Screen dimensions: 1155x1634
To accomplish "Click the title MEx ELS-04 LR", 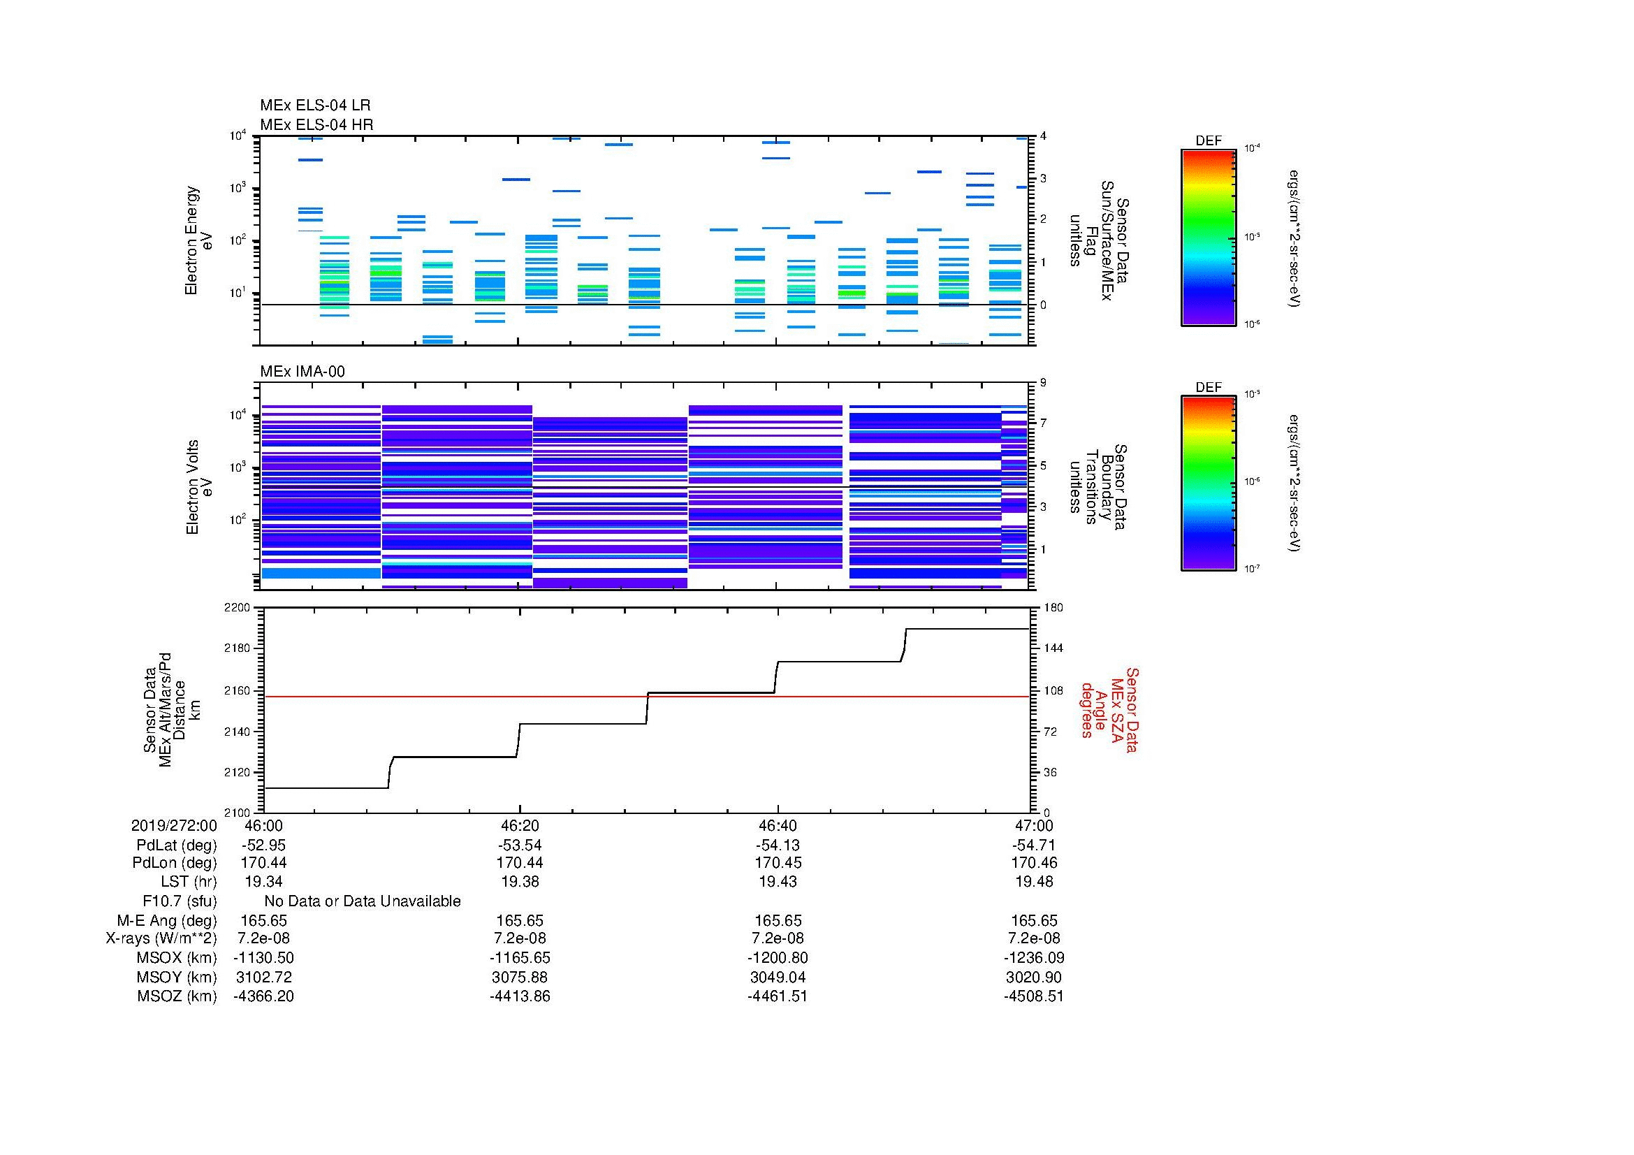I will click(314, 106).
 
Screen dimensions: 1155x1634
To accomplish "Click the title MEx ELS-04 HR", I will click(316, 124).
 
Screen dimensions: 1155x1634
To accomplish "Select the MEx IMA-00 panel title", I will click(302, 372).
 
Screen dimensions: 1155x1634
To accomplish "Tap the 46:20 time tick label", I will click(520, 825).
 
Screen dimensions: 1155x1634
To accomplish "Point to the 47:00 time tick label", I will click(1034, 825).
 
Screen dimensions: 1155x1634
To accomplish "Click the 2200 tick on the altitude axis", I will click(237, 608).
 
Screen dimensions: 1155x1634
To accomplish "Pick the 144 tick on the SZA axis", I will click(1052, 648).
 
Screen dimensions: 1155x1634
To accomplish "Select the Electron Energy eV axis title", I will click(199, 240).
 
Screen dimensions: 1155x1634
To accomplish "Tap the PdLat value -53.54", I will click(520, 845).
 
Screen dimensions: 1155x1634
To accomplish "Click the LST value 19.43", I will click(777, 882).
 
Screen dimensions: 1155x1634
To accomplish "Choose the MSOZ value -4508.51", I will click(1033, 996).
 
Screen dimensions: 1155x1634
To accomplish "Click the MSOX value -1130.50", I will click(263, 958).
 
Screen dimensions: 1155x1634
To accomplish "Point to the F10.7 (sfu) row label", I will click(180, 901).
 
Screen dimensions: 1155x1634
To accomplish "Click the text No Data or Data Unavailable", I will click(363, 901).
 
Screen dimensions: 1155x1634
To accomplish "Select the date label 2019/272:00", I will click(174, 825).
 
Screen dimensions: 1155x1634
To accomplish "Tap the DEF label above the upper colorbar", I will click(1209, 141).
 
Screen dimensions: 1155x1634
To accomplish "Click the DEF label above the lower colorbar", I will click(1209, 387).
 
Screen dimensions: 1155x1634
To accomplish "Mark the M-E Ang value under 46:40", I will click(777, 921).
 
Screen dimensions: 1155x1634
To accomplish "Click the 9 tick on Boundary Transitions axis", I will click(1043, 383).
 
